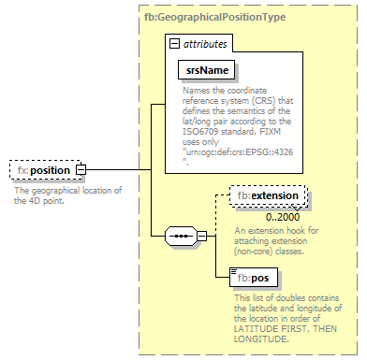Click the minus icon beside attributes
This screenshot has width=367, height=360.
tap(173, 44)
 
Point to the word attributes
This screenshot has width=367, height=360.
tap(203, 44)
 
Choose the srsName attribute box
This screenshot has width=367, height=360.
tap(205, 70)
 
